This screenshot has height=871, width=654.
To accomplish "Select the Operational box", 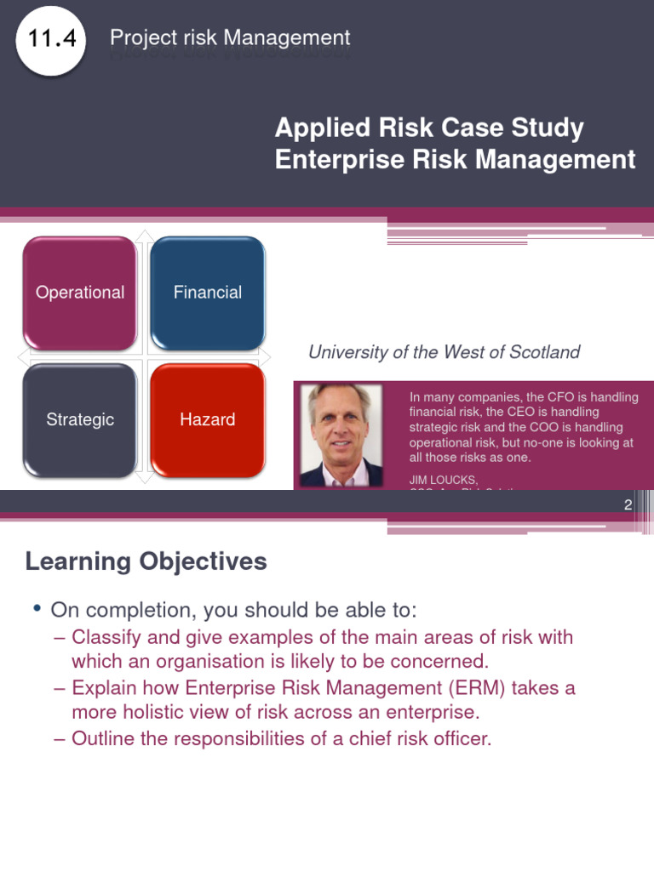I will pos(80,293).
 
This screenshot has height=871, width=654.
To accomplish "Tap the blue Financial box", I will pos(208,293).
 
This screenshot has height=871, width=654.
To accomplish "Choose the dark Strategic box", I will pos(80,419).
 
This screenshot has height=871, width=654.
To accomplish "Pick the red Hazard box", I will pos(208,419).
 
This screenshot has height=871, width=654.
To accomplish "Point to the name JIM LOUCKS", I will pos(443,480).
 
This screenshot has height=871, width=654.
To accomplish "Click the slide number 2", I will pos(628,504).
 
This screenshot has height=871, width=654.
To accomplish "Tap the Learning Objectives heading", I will pos(146,561).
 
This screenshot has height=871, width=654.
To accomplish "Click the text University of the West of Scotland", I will pos(444,352).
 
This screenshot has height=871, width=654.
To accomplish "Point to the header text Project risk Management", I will pos(230,38).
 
